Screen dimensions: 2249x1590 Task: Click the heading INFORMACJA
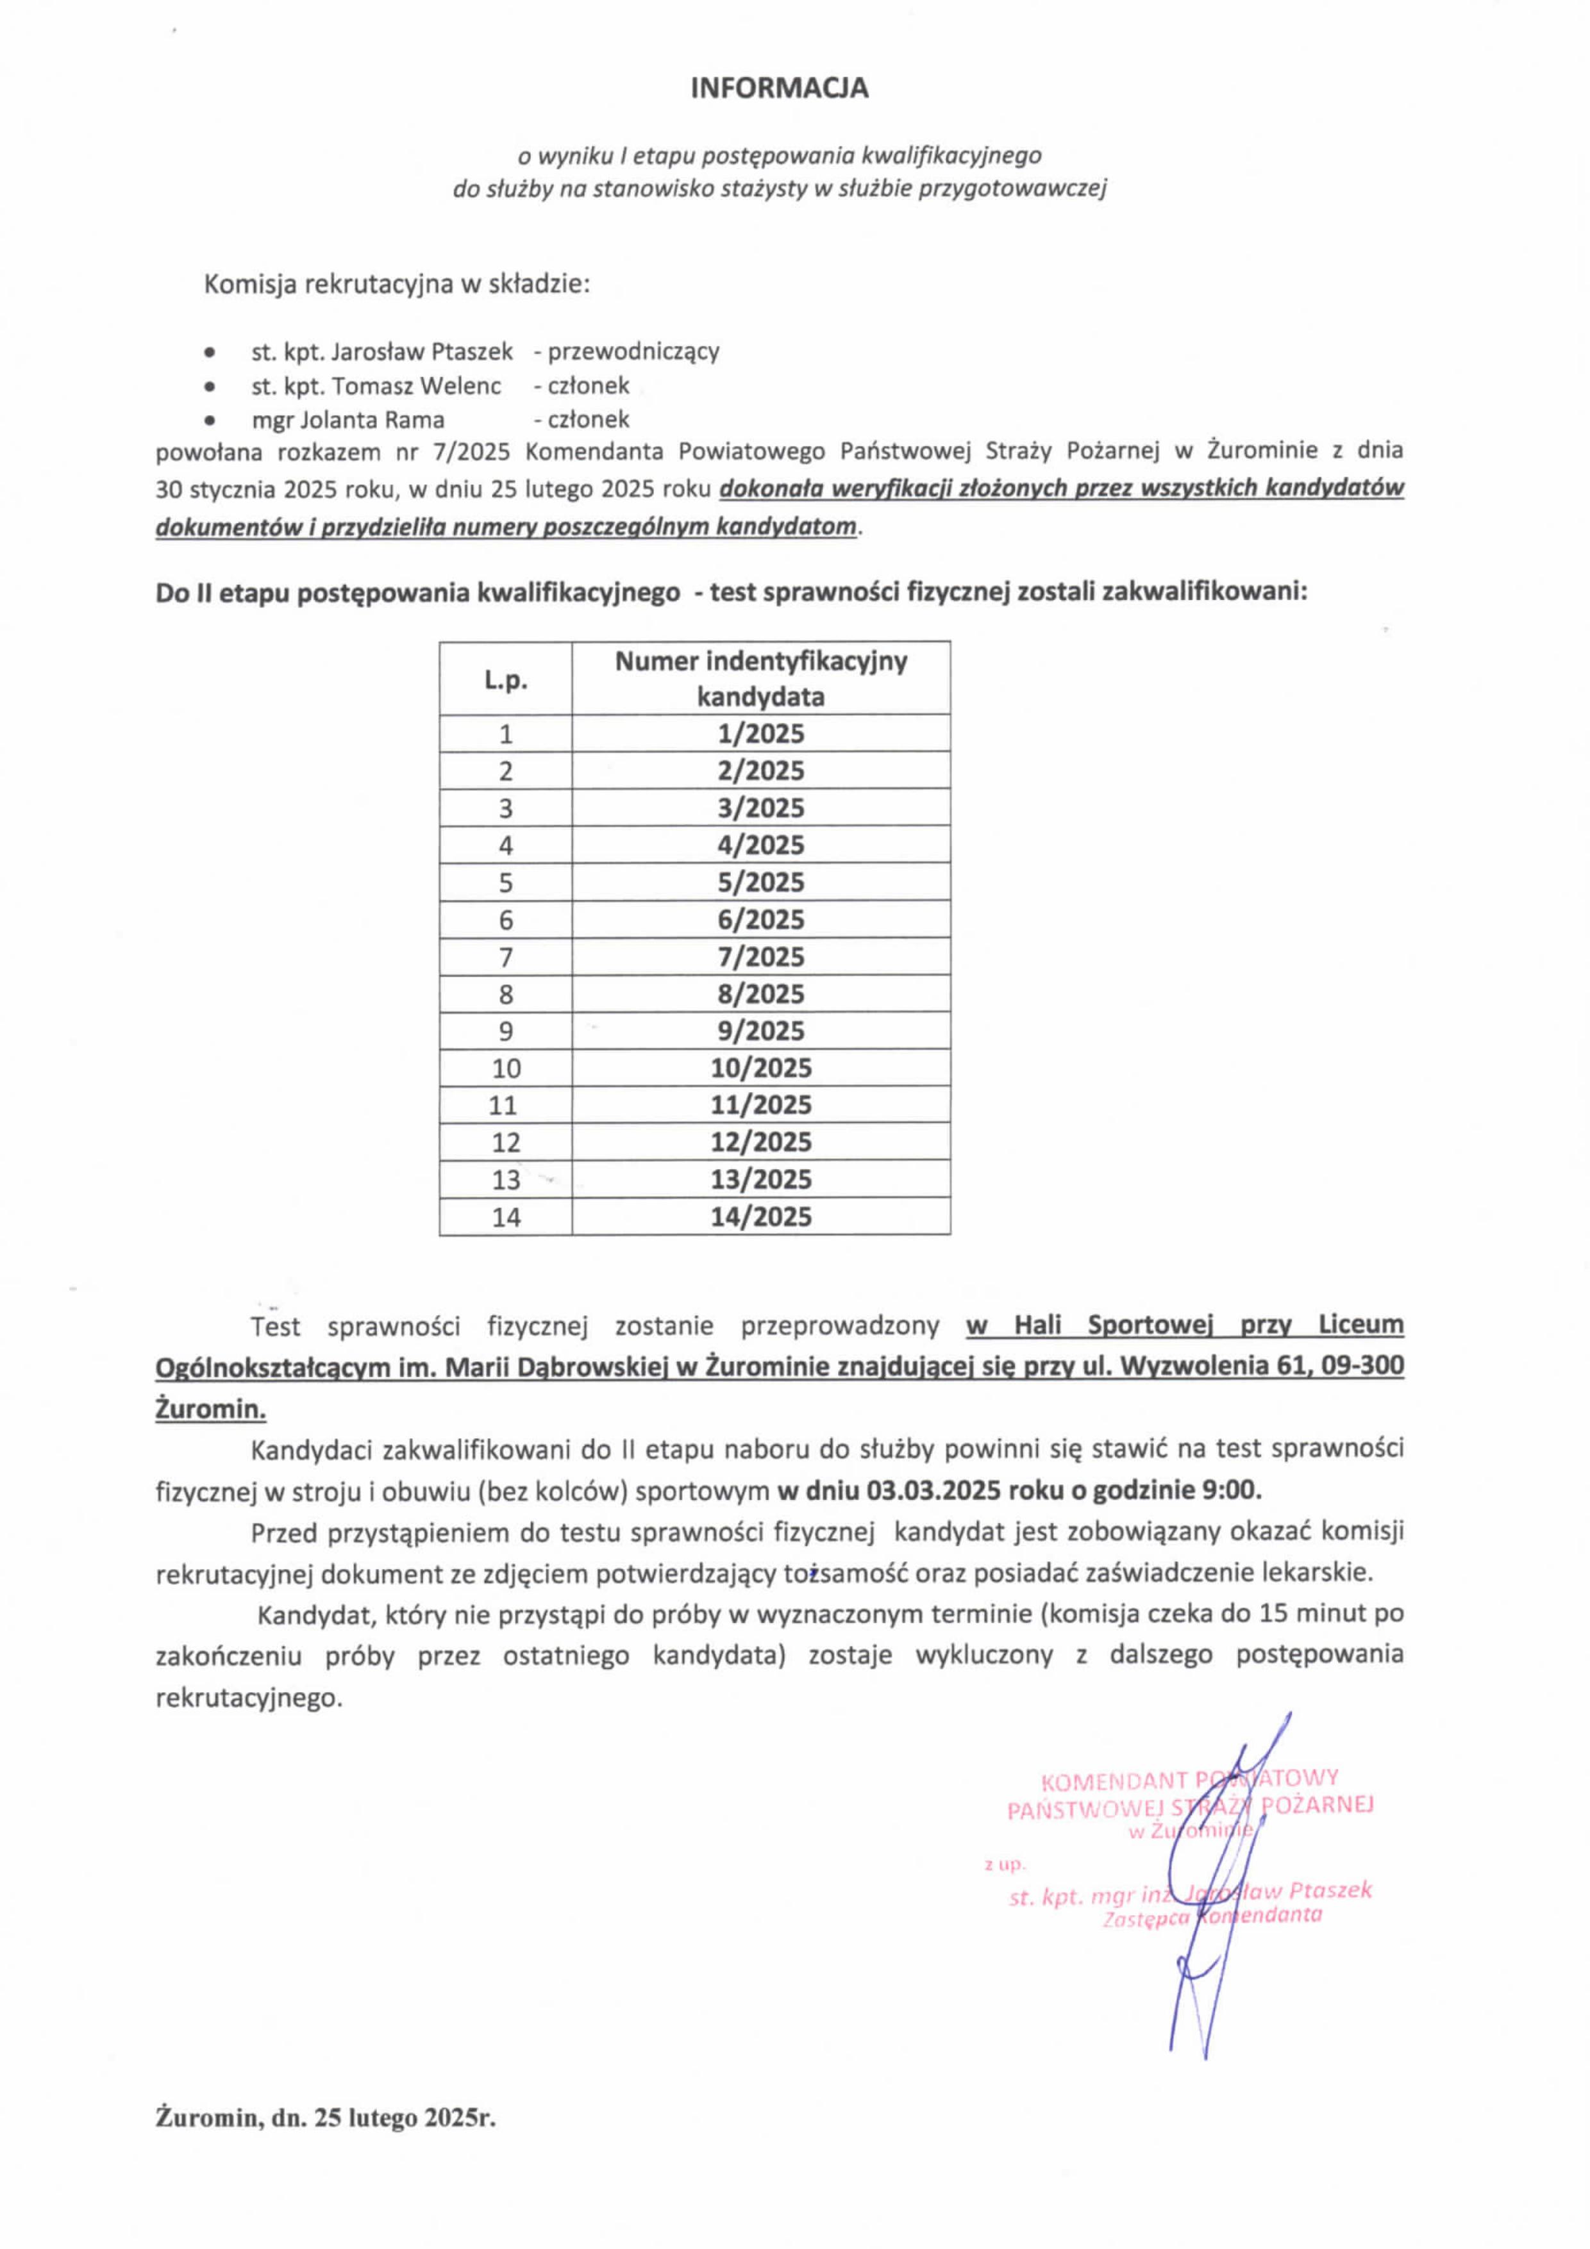779,88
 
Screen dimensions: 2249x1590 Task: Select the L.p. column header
505,679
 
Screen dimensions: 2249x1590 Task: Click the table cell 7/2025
760,956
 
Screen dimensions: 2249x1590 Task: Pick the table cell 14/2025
760,1216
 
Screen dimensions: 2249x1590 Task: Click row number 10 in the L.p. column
505,1068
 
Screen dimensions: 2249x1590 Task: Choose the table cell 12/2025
760,1142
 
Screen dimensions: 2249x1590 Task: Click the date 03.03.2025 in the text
932,1491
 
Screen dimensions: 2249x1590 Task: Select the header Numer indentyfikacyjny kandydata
760,678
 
